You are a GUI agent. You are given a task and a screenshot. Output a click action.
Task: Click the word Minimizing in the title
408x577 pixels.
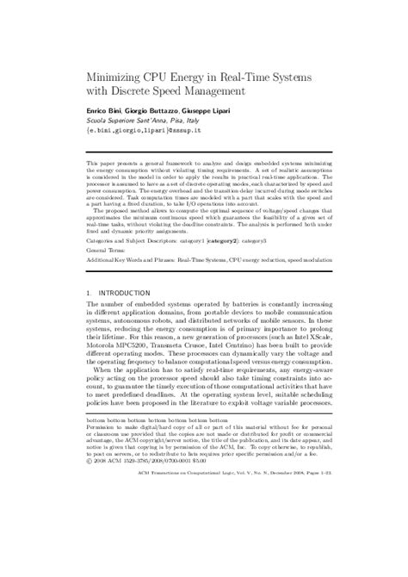(115, 75)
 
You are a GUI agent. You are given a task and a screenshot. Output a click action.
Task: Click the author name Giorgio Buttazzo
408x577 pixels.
(158, 113)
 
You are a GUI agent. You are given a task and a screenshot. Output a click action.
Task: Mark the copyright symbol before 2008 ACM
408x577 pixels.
(89, 531)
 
